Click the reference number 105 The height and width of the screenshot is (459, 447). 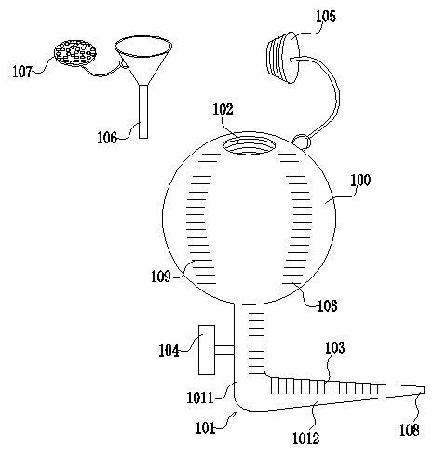click(326, 17)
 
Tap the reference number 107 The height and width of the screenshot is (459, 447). click(22, 72)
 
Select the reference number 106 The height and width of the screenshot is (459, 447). click(107, 138)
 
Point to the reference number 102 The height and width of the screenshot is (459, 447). click(223, 109)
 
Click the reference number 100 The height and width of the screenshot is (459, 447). click(360, 180)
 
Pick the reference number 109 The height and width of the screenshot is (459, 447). click(161, 276)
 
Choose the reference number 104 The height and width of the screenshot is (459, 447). click(169, 351)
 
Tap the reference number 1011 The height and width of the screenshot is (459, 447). click(200, 398)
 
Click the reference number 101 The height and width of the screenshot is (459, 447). click(206, 428)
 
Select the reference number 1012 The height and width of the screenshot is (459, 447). click(306, 438)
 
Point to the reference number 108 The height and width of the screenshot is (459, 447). click(410, 430)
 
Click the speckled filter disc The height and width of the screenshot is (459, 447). click(75, 53)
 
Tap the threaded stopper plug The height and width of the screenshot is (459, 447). click(283, 58)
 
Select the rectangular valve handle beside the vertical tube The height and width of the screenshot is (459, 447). click(207, 350)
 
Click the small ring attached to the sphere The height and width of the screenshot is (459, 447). click(302, 142)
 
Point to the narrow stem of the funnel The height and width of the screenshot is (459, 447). click(143, 112)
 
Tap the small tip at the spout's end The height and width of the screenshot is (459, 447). click(422, 390)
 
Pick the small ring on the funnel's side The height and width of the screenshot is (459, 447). click(123, 64)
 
